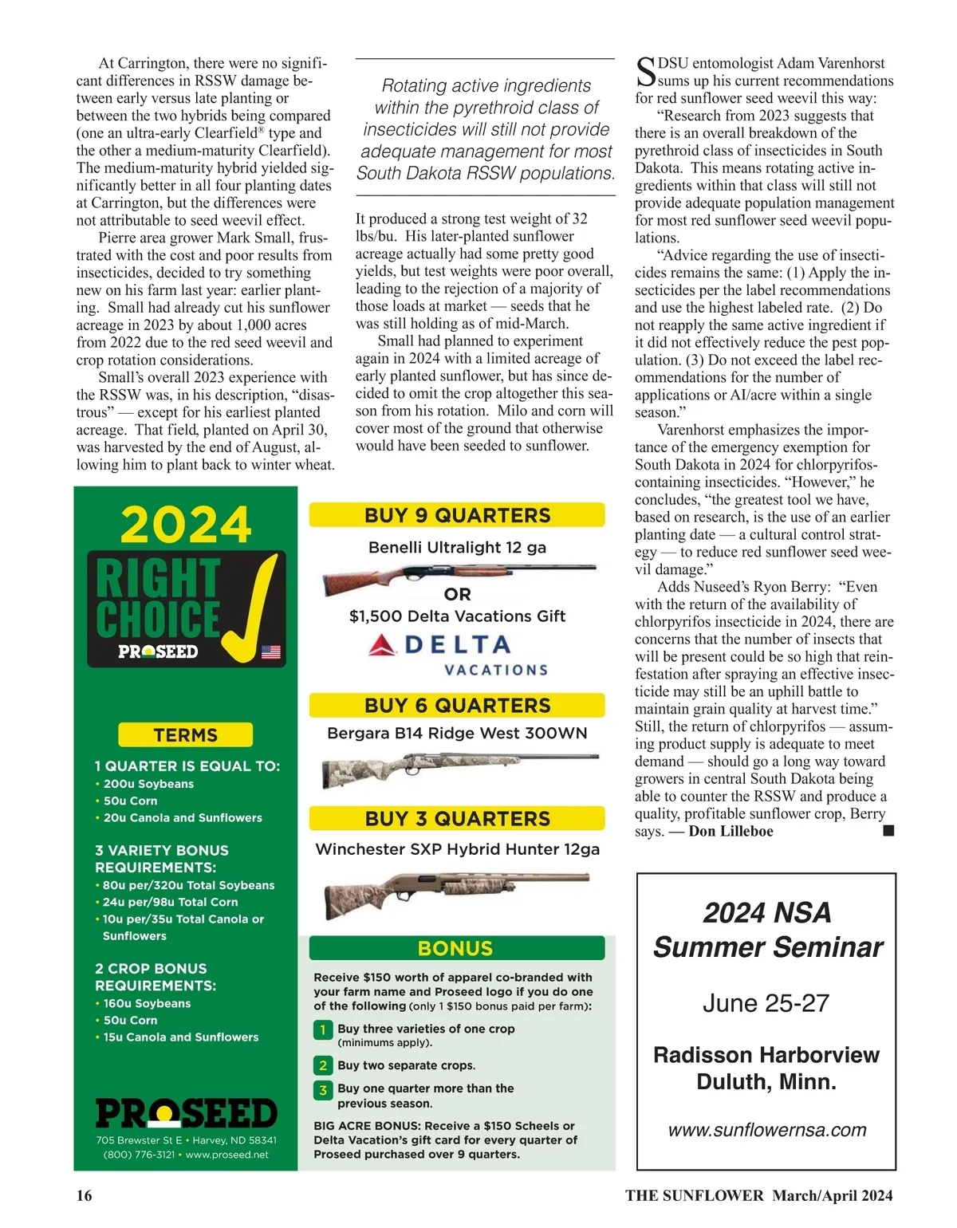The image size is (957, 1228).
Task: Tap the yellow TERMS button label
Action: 185,734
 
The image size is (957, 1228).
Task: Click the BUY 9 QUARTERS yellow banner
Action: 457,515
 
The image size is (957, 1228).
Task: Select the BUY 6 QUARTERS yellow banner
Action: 457,705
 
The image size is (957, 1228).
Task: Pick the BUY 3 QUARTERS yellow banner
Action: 457,819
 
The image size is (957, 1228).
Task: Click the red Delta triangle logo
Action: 383,645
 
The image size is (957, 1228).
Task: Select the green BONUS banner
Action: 456,948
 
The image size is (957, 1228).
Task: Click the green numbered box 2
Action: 323,1065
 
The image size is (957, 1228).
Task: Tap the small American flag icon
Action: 271,651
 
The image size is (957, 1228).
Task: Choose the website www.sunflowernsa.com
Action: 766,1130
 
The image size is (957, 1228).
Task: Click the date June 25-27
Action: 766,1003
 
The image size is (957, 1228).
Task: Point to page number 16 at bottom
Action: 84,1195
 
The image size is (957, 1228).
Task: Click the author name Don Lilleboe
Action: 731,831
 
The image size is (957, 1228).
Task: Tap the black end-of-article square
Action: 888,831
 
